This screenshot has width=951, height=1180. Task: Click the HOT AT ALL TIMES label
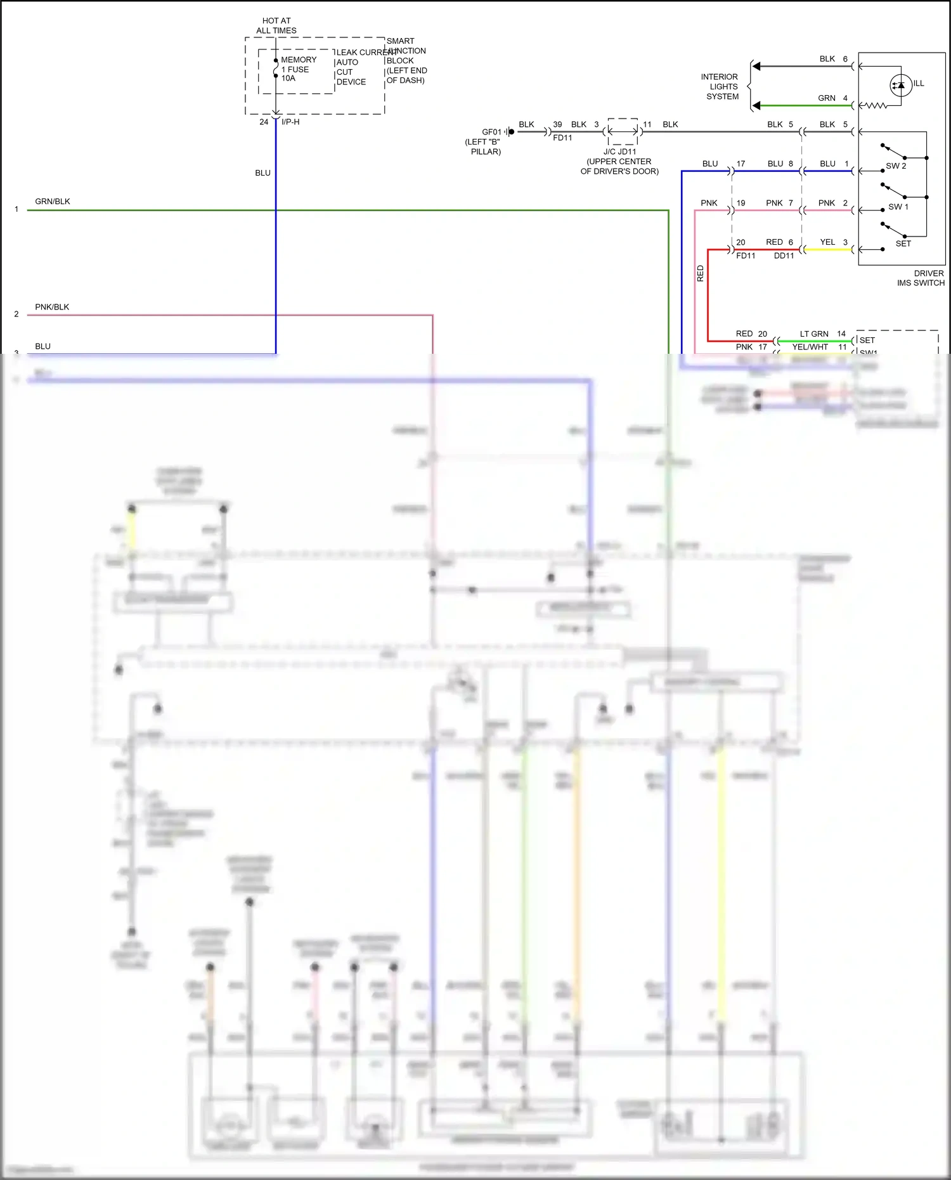(x=276, y=25)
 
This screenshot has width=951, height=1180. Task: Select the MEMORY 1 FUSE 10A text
(x=297, y=69)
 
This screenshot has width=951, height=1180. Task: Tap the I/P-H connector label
(x=290, y=122)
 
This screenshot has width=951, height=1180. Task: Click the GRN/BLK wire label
(x=53, y=202)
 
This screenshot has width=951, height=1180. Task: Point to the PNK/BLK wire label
(x=52, y=307)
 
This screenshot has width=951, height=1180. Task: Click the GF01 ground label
(x=491, y=132)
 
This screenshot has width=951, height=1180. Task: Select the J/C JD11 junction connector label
(x=619, y=152)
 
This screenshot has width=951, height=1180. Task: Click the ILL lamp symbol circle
(x=901, y=85)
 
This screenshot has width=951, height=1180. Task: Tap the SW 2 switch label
(x=896, y=166)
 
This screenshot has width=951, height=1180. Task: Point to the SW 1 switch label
(x=898, y=207)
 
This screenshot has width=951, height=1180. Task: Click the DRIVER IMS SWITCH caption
(x=921, y=278)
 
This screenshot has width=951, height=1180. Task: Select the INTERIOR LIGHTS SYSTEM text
(x=721, y=87)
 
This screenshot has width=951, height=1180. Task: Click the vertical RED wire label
(x=701, y=273)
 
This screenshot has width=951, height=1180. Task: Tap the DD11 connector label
(x=784, y=256)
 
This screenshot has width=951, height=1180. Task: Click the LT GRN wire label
(x=813, y=334)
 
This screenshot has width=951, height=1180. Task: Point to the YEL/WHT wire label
(x=810, y=347)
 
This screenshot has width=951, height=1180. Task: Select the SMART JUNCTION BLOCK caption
(x=406, y=60)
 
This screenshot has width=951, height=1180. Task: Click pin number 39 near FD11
(x=557, y=124)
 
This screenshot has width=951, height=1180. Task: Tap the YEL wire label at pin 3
(x=827, y=242)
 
